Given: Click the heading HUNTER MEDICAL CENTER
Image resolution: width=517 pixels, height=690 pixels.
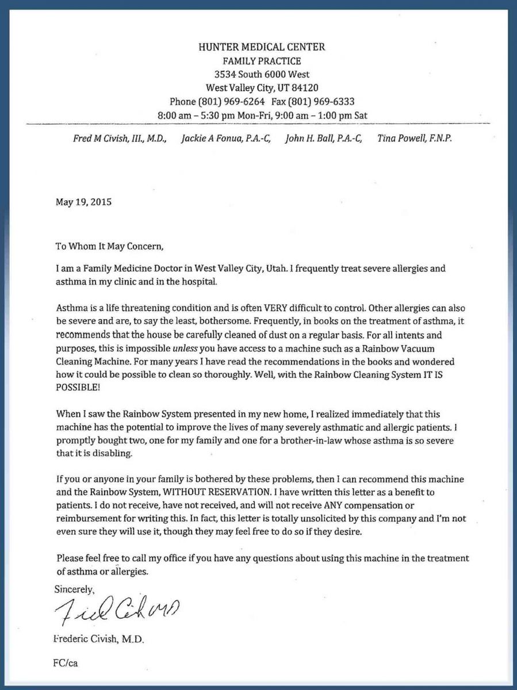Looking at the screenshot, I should point(262,47).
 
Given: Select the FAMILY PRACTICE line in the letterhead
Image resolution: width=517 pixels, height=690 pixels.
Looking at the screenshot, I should point(262,61).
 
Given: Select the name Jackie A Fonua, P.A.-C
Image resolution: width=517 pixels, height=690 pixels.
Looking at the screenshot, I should point(226,139).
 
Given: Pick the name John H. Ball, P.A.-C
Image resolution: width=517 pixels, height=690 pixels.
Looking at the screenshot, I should point(324,139).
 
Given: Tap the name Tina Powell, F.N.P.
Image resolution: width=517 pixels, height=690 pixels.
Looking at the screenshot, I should point(415,139).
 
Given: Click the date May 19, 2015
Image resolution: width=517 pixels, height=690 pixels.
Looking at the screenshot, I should point(83,202).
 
